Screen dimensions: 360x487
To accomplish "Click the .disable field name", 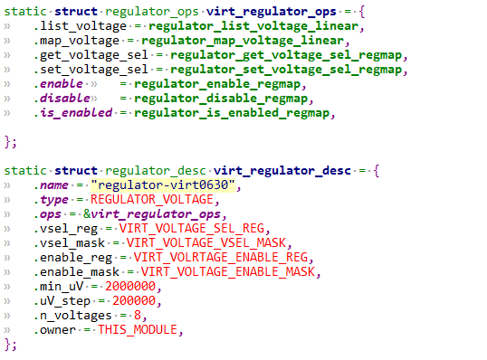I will [62, 98].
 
